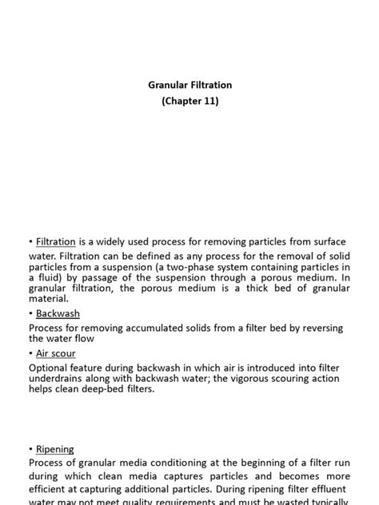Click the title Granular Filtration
click(x=189, y=84)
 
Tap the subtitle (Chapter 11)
click(x=189, y=101)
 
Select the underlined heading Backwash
click(x=58, y=314)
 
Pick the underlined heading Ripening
click(x=54, y=449)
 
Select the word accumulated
click(x=148, y=328)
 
